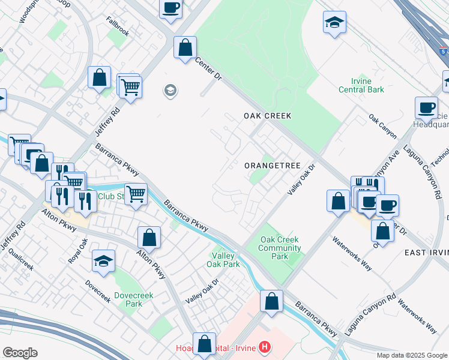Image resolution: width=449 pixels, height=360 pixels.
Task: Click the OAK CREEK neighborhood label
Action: point(267,115)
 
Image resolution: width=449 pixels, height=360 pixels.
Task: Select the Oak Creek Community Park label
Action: point(280,248)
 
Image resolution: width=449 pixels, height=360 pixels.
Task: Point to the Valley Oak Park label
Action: point(223,259)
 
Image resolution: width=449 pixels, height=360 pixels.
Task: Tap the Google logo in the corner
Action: point(20,353)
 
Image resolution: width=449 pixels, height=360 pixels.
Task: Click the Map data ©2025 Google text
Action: point(412,355)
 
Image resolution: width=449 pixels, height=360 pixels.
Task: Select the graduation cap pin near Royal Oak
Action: point(103,262)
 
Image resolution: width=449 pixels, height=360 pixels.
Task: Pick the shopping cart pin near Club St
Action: point(136,194)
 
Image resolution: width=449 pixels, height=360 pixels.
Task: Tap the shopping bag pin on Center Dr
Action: point(185,47)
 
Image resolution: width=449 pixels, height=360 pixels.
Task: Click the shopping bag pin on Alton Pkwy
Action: point(149,237)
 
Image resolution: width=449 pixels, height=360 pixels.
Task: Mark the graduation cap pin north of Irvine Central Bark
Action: point(334,23)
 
